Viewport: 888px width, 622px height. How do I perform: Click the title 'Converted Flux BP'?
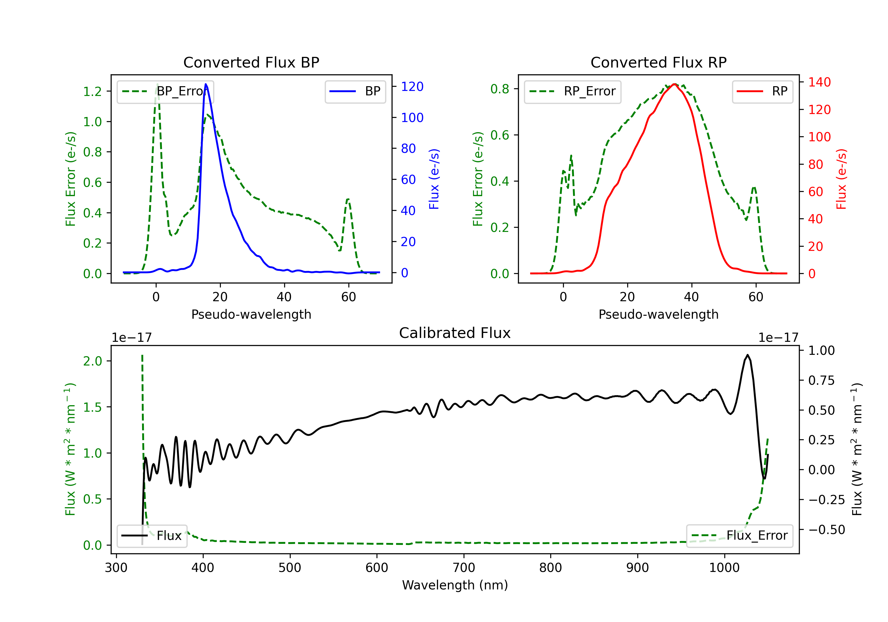251,62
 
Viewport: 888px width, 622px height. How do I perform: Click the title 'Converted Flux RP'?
658,62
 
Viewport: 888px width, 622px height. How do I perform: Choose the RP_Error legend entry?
572,91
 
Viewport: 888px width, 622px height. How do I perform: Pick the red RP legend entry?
762,91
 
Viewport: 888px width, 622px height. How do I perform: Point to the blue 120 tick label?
412,87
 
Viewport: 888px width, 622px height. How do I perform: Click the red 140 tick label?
819,82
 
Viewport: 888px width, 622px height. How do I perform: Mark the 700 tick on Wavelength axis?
463,568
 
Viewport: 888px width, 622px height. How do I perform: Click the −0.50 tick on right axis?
826,530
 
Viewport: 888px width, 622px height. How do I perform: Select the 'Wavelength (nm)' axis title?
455,585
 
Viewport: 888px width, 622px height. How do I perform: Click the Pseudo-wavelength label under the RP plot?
658,314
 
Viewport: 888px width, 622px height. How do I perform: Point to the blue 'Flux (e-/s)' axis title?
434,179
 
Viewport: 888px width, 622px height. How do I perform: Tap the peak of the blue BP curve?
206,84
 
